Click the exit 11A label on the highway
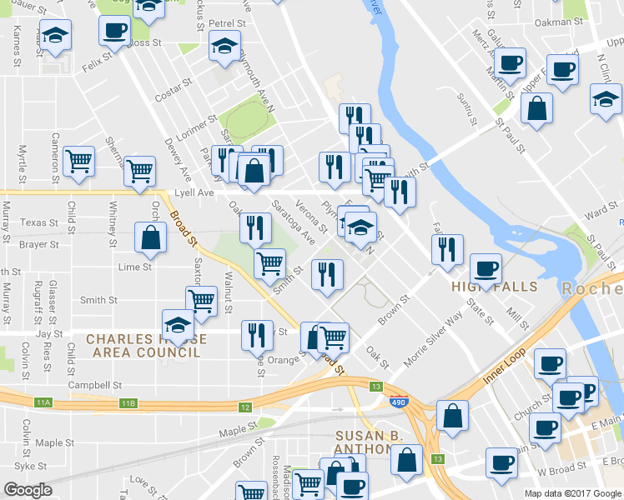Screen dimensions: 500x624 [43, 403]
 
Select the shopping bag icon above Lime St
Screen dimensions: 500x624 [150, 237]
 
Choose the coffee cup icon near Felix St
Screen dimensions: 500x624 [114, 31]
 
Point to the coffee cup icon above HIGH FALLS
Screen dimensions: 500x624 [486, 267]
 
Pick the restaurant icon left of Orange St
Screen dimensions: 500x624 [257, 334]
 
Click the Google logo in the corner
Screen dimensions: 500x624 [28, 490]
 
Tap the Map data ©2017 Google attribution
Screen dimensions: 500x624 [572, 493]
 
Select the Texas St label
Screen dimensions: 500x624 [40, 223]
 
